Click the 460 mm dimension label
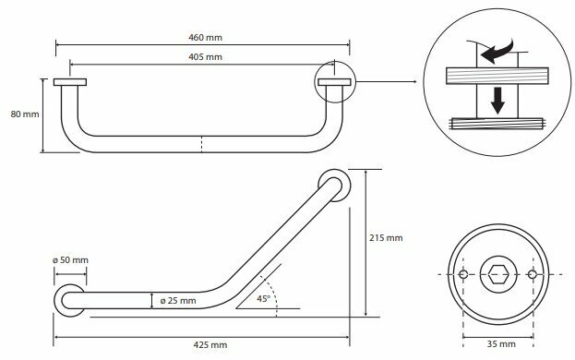coord(205,38)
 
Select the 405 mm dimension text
coord(205,57)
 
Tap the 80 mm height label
coord(25,114)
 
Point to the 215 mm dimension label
coord(386,238)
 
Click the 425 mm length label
coord(210,344)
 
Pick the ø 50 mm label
coord(70,260)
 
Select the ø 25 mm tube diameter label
coord(178,301)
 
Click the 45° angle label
coord(263,299)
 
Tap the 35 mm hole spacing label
coord(501,344)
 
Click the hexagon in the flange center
coord(498,274)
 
